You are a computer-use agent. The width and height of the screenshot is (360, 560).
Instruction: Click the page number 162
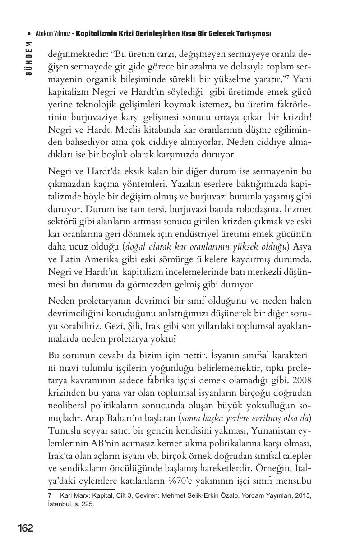(26, 528)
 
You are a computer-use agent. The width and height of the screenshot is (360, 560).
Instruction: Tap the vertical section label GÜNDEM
(29, 58)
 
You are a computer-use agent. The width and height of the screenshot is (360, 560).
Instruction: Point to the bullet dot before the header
(29, 34)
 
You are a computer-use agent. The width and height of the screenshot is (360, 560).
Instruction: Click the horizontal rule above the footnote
(81, 488)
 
